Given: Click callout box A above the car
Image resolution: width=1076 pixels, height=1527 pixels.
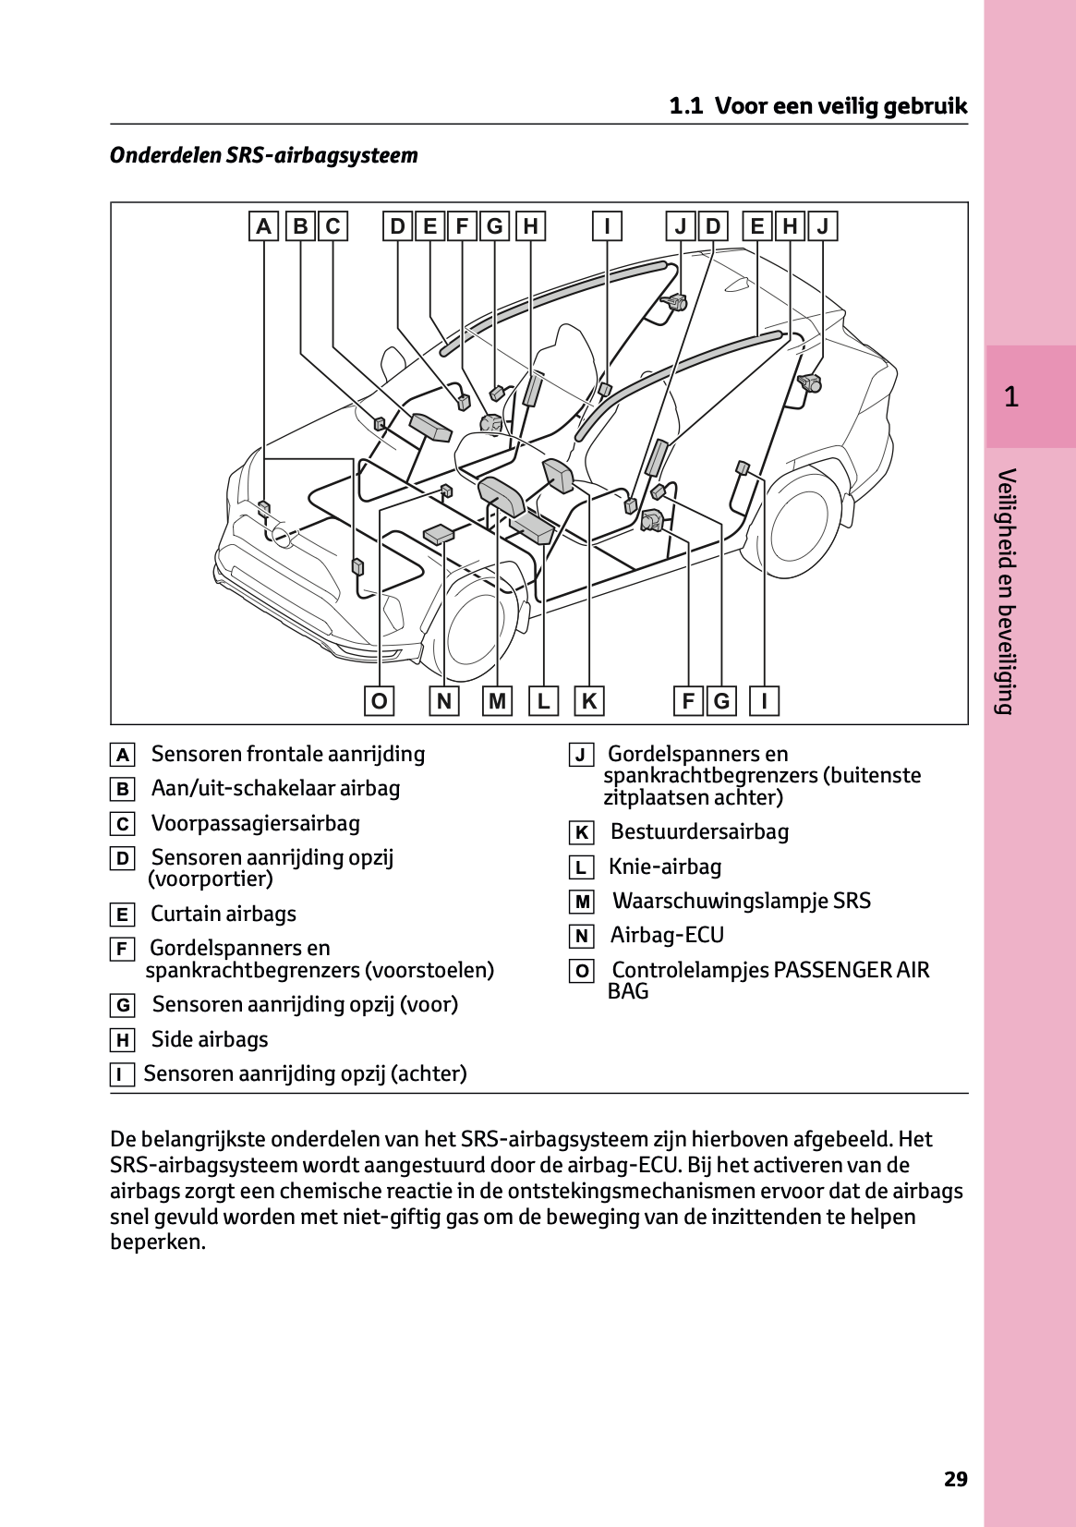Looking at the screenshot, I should pyautogui.click(x=264, y=226).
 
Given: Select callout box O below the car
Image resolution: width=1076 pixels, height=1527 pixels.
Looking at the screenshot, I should pyautogui.click(x=379, y=701).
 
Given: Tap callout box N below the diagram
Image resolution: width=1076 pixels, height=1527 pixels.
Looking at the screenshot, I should pyautogui.click(x=444, y=701).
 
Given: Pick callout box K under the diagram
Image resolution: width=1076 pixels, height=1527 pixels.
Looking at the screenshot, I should pyautogui.click(x=588, y=701).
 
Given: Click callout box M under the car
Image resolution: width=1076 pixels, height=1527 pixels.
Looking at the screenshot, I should pyautogui.click(x=498, y=701).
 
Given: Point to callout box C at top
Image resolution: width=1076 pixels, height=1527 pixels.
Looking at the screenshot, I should pyautogui.click(x=332, y=226).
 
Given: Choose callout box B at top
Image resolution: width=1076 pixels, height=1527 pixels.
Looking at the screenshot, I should pyautogui.click(x=300, y=226).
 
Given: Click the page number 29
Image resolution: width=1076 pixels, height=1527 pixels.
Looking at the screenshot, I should pyautogui.click(x=955, y=1479).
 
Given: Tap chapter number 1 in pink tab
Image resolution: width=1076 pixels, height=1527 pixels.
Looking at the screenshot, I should pyautogui.click(x=1011, y=397).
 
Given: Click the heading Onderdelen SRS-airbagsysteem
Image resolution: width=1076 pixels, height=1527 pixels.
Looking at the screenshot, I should pyautogui.click(x=264, y=155).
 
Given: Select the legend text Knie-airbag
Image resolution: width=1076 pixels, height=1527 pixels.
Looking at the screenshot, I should pyautogui.click(x=665, y=867).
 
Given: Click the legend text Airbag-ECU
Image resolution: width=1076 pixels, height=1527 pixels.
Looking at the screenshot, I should pyautogui.click(x=667, y=935).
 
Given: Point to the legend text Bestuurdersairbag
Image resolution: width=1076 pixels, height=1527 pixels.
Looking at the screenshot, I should pyautogui.click(x=699, y=831).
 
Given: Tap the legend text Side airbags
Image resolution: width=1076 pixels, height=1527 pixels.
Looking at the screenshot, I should pyautogui.click(x=210, y=1039).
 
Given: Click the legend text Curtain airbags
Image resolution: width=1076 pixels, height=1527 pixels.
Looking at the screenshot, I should pyautogui.click(x=224, y=914).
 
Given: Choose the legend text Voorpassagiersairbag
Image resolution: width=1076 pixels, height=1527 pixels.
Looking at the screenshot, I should pyautogui.click(x=256, y=823).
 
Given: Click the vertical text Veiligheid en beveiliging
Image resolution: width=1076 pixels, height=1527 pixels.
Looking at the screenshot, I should pyautogui.click(x=1007, y=591).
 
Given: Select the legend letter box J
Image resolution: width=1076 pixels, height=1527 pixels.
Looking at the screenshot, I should pyautogui.click(x=581, y=756).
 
